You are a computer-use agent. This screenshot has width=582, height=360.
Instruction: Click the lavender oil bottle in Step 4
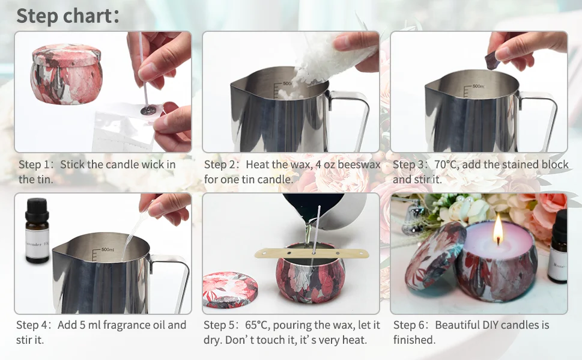point(37,230)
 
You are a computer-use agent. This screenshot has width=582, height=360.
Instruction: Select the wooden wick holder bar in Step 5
point(312,253)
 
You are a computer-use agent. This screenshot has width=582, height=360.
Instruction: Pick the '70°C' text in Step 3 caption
point(446,164)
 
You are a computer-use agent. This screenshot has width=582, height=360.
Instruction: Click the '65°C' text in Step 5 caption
point(258,325)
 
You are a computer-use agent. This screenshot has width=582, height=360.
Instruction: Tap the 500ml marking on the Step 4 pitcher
point(108,249)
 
